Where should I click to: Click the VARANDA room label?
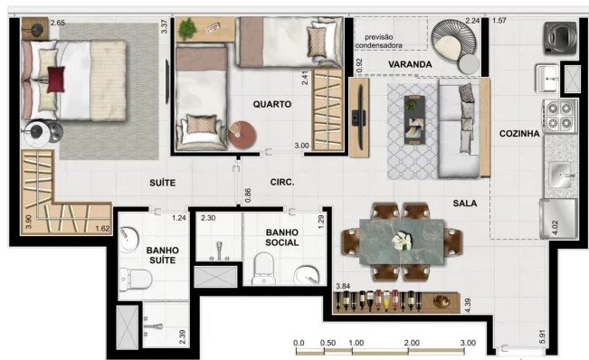pos(410,64)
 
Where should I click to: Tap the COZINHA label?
pos(519,133)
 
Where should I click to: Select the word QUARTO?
pos(272,104)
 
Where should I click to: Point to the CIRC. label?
pos(282,183)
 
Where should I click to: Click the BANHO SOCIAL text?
pos(282,238)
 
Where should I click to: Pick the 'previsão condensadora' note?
pos(378,42)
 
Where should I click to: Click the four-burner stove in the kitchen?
pos(559,116)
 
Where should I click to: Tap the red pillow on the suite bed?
pos(56,80)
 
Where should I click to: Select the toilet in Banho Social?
pos(263,269)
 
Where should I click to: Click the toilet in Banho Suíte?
pos(136,279)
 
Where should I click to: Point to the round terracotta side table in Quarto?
pos(242,135)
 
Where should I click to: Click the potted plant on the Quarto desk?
pos(187,29)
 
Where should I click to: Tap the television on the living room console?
pos(360,117)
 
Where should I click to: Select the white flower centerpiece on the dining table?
pos(402,241)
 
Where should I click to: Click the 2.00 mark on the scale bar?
pos(412,343)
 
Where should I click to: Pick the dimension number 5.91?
pos(542,336)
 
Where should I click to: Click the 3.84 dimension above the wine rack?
pos(343,286)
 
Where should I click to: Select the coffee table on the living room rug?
pos(414,119)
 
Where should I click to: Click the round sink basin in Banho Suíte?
pos(128,239)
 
